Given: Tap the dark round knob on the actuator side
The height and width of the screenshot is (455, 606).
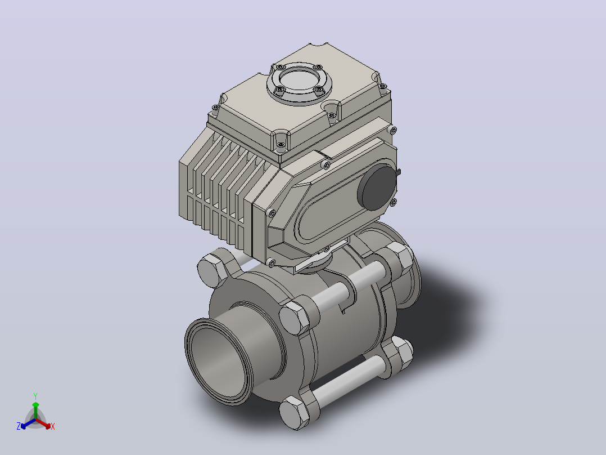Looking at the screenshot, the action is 377,188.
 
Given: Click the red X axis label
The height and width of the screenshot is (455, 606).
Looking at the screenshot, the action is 53,426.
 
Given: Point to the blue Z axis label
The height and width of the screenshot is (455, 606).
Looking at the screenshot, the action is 18,426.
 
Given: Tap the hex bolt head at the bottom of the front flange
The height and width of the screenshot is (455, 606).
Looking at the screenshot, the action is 295,413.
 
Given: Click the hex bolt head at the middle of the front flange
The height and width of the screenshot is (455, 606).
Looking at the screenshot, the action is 295,318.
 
